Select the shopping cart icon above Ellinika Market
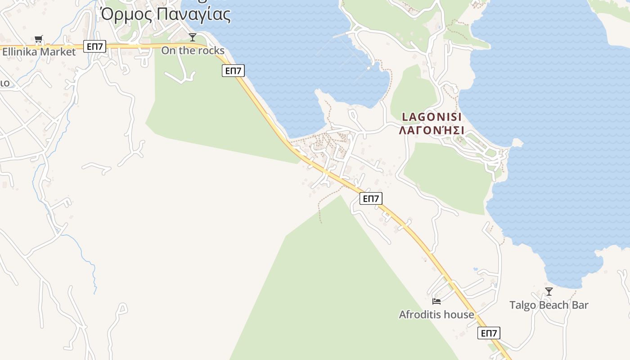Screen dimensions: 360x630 click(x=39, y=40)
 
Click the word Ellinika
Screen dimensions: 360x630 click(x=20, y=52)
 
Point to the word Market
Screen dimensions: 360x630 click(x=58, y=52)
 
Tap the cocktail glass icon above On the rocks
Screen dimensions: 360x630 click(x=193, y=37)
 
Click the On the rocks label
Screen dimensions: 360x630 click(x=193, y=50)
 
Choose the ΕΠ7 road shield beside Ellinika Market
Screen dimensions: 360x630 click(x=94, y=46)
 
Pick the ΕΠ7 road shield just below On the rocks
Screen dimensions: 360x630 click(x=233, y=70)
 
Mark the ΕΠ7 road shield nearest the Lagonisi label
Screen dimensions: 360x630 click(x=371, y=198)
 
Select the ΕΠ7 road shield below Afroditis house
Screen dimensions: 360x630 click(x=489, y=333)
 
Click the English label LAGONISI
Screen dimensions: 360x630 click(x=432, y=117)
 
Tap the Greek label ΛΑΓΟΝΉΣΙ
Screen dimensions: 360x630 click(x=432, y=130)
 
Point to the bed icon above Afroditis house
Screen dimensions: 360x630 click(x=436, y=301)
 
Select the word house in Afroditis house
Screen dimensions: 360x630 click(x=459, y=315)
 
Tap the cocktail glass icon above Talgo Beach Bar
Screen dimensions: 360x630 click(x=549, y=292)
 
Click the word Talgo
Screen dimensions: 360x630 click(x=523, y=305)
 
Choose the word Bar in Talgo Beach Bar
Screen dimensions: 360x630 click(x=580, y=305)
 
